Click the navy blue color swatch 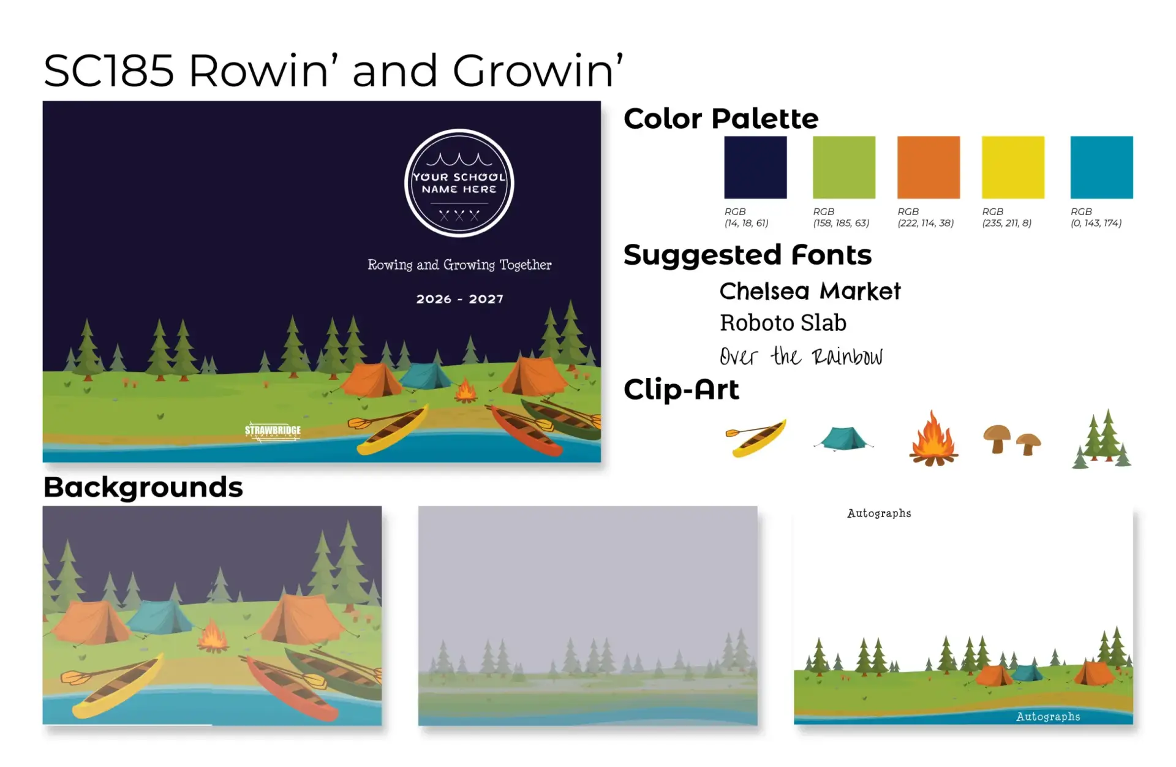(x=755, y=167)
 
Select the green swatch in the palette (x=844, y=167)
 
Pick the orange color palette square (x=929, y=167)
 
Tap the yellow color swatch (x=1013, y=167)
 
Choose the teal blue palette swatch (x=1102, y=167)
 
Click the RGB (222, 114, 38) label (x=925, y=217)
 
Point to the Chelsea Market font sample (x=810, y=292)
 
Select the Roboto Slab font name (x=783, y=323)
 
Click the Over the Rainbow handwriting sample (x=801, y=357)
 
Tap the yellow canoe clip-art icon (x=756, y=437)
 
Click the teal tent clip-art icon (x=843, y=439)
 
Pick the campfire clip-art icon (x=933, y=439)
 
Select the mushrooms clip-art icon (x=1012, y=439)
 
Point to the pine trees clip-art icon (x=1102, y=439)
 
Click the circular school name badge (x=459, y=183)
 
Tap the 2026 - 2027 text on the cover (x=460, y=299)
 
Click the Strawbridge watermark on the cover (x=273, y=431)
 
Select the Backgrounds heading (x=143, y=488)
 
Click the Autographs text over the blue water (x=1048, y=717)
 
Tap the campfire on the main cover (x=466, y=390)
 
